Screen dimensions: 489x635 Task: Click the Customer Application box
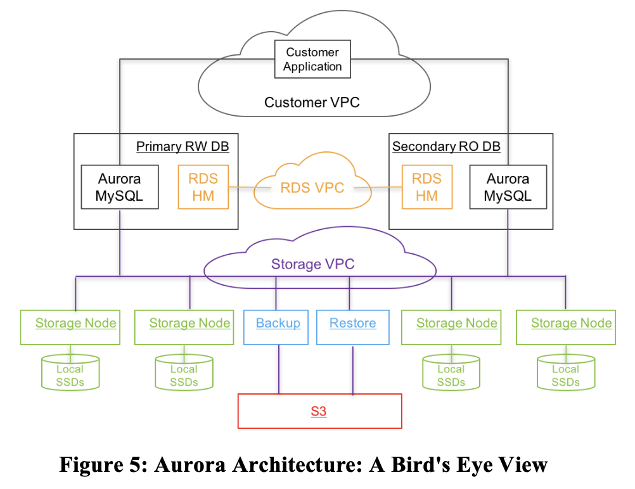tap(312, 60)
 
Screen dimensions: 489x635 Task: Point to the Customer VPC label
tap(312, 102)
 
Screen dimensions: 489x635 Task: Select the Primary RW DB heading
tap(183, 147)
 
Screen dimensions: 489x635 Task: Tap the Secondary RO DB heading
tap(446, 147)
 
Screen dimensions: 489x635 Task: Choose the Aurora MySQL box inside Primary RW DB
tap(119, 187)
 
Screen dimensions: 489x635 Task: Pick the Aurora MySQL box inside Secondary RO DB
tap(507, 187)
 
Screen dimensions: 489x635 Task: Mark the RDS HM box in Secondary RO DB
tap(427, 187)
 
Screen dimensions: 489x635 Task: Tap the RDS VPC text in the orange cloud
tap(312, 187)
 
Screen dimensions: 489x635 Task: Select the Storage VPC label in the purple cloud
tap(313, 264)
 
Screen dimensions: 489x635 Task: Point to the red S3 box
tap(319, 411)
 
